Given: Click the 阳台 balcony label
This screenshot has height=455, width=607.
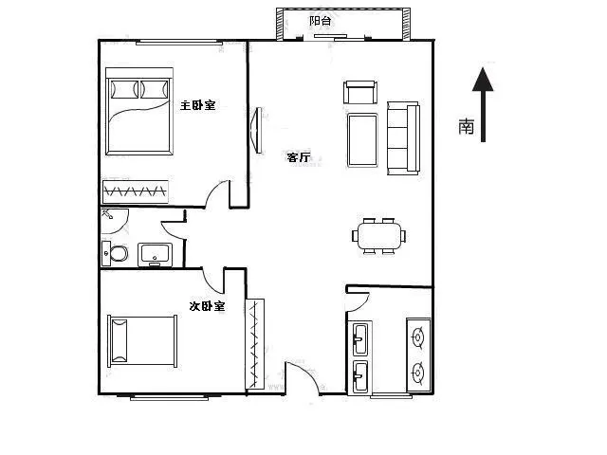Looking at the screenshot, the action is click(x=321, y=21).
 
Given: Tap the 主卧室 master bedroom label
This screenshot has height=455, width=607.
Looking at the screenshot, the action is click(x=197, y=105).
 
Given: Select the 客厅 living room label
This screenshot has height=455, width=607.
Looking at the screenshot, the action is click(x=298, y=157).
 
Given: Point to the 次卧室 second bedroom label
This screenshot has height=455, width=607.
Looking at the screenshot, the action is click(x=207, y=306).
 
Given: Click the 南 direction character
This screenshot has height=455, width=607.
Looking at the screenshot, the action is click(x=466, y=126).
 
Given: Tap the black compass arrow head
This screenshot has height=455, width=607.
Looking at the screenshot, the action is click(x=483, y=79).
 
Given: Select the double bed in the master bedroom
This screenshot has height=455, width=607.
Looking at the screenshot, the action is click(x=139, y=112).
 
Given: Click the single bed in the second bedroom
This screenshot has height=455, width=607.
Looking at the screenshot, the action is click(x=142, y=341).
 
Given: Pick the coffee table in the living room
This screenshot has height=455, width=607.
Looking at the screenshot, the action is click(x=362, y=140).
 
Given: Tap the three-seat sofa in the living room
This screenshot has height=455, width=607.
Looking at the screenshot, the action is click(x=403, y=138).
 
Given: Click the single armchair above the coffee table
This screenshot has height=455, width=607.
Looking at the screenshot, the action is click(x=360, y=92).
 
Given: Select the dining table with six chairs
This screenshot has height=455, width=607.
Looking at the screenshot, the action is click(x=379, y=236).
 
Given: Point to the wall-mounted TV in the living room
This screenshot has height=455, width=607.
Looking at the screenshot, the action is click(x=256, y=131).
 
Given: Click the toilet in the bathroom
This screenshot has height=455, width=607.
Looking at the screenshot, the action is click(x=115, y=254).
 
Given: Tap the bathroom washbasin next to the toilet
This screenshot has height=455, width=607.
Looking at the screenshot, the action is click(x=156, y=255).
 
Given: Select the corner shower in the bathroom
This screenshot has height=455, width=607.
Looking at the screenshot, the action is click(x=114, y=221).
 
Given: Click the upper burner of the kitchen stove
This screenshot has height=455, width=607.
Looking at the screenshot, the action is click(x=418, y=337).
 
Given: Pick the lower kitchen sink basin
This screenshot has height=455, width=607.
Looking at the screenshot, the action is click(x=360, y=376).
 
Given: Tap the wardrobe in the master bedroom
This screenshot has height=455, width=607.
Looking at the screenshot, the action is click(x=136, y=191).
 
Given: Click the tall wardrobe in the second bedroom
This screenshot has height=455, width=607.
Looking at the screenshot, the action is click(x=255, y=344).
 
